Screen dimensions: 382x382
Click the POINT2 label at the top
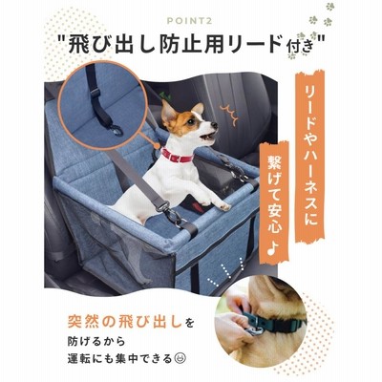point(190,21)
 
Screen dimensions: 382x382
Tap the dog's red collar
point(178,156)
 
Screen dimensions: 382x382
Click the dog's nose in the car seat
point(215,124)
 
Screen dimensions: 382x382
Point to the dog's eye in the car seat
point(191,120)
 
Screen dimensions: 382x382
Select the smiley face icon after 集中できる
point(180,359)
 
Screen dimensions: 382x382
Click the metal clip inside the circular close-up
point(117,128)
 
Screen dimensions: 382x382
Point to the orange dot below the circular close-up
point(157,145)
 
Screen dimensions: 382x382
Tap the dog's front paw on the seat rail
point(223,206)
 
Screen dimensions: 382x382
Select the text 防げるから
point(95,342)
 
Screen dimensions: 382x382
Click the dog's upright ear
point(167,110)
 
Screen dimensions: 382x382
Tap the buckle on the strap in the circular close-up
point(95,93)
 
